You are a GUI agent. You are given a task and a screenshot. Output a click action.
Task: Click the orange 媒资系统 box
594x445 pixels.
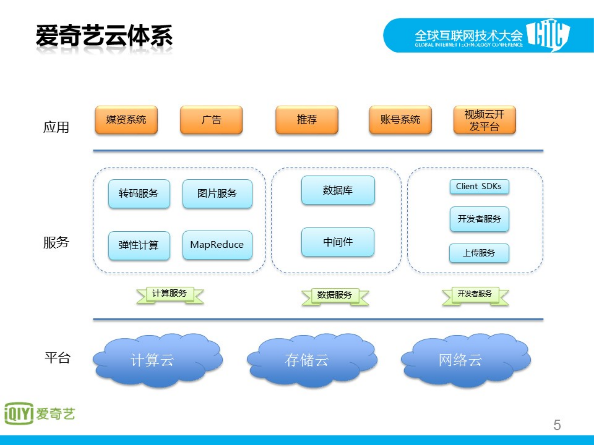point(126,120)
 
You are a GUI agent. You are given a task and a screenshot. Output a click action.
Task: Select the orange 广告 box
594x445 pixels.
point(211,120)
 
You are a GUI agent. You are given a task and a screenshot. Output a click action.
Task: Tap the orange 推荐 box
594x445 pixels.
point(306,120)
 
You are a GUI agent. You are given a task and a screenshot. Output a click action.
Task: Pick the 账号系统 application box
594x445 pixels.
point(400,120)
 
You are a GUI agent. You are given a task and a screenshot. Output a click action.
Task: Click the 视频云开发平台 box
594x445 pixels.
point(484,120)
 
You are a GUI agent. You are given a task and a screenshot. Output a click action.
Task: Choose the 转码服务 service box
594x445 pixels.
point(139,194)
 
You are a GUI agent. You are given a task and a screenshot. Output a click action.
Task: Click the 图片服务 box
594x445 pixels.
point(217,194)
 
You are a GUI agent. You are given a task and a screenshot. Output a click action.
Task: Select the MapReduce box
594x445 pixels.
point(217,245)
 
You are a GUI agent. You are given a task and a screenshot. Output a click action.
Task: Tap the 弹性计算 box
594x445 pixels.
point(139,245)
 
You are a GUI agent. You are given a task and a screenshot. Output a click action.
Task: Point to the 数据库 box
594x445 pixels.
point(338,190)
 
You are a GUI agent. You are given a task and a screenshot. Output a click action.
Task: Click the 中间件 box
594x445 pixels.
point(338,242)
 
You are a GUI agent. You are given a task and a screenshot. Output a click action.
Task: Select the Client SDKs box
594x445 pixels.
point(479,186)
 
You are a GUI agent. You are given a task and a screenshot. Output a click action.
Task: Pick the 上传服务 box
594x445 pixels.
point(479,253)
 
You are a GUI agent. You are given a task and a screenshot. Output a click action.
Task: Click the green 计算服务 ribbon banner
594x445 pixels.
point(170,294)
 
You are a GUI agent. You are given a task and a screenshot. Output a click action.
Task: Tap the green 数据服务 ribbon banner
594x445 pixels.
point(335,296)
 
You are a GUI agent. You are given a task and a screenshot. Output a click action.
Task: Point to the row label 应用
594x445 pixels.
point(56,127)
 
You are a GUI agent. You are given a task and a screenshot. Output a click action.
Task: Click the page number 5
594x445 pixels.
point(557,425)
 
